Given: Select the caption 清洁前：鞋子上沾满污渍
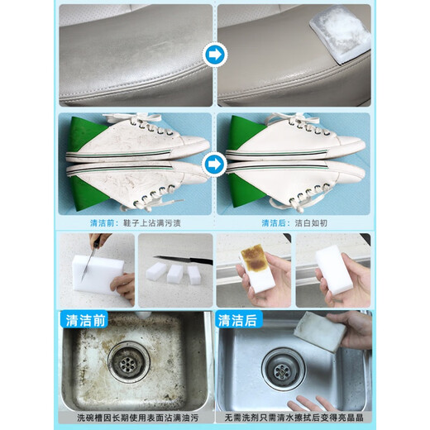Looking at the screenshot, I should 136,222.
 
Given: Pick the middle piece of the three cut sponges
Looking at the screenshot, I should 173,273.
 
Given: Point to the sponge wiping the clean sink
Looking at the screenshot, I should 325,331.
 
